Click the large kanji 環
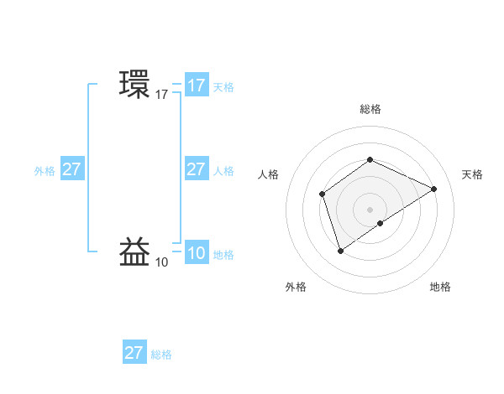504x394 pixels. pyautogui.click(x=135, y=85)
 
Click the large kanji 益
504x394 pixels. pyautogui.click(x=135, y=253)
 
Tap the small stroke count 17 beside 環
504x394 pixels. pyautogui.click(x=162, y=95)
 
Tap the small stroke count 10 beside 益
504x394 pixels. pyautogui.click(x=162, y=262)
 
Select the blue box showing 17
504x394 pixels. pyautogui.click(x=197, y=86)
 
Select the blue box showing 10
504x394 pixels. pyautogui.click(x=197, y=254)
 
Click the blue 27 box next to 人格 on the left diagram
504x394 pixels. pyautogui.click(x=197, y=169)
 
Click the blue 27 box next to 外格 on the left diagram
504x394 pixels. pyautogui.click(x=72, y=169)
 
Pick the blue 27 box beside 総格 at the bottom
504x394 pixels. pyautogui.click(x=134, y=353)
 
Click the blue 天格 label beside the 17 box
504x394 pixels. pyautogui.click(x=223, y=86)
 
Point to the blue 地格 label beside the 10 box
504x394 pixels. pyautogui.click(x=223, y=255)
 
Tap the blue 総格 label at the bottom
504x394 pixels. pyautogui.click(x=161, y=355)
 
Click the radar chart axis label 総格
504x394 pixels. pyautogui.click(x=370, y=109)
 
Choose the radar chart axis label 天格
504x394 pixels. pyautogui.click(x=472, y=174)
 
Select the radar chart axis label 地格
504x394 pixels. pyautogui.click(x=440, y=287)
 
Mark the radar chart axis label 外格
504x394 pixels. pyautogui.click(x=296, y=287)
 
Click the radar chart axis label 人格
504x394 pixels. pyautogui.click(x=269, y=174)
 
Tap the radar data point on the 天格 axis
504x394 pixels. pyautogui.click(x=434, y=189)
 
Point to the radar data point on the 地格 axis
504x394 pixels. pyautogui.click(x=381, y=223)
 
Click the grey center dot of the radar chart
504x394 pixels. pyautogui.click(x=370, y=209)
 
